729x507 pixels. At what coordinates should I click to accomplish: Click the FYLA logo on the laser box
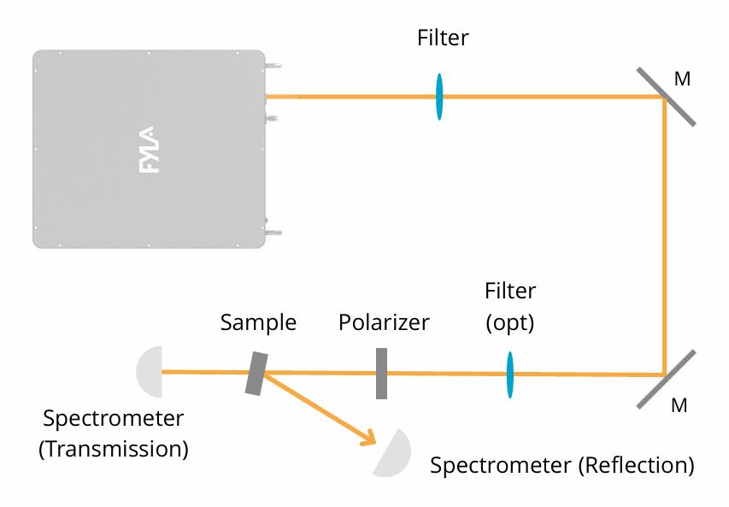tap(147, 150)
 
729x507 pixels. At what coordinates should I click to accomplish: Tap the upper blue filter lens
tap(439, 97)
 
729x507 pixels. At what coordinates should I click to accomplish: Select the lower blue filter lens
tap(510, 374)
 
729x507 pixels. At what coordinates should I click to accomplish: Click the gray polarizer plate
tap(381, 373)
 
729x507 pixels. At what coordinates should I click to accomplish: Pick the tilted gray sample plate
tap(256, 374)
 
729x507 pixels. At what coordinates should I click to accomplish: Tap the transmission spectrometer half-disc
tap(150, 371)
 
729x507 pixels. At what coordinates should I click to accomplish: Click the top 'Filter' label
tap(443, 38)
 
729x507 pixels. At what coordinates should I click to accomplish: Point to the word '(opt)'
tap(510, 324)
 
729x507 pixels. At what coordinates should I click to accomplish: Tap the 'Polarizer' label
tap(384, 323)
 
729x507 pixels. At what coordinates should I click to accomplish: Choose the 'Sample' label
tap(258, 323)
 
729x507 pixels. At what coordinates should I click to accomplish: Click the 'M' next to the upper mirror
tap(682, 80)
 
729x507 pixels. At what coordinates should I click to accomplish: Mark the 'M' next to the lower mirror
tap(679, 405)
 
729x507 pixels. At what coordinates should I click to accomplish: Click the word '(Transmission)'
tap(114, 448)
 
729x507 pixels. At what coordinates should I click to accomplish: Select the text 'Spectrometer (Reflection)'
tap(561, 466)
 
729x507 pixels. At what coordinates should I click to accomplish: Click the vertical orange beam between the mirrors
tap(666, 235)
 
